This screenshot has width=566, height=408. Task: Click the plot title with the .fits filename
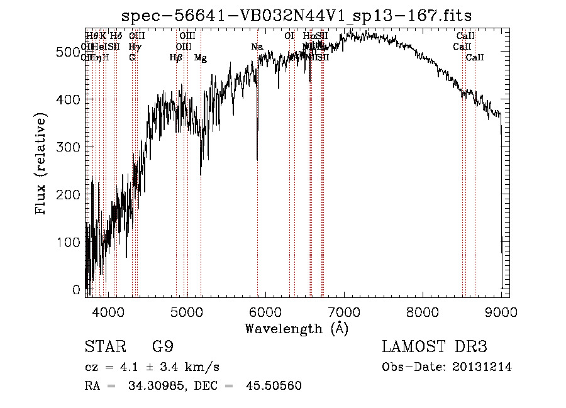pos(296,14)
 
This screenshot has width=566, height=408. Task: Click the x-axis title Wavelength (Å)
pos(296,328)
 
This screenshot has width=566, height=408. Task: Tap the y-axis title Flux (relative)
pos(42,165)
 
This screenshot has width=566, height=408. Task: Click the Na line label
pos(257,47)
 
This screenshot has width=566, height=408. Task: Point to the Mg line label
pos(200,58)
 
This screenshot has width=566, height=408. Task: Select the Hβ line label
pos(176,58)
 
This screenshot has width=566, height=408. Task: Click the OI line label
pos(289,36)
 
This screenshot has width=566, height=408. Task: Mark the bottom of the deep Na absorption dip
pos(257,160)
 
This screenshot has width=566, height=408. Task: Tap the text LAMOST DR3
pos(435,347)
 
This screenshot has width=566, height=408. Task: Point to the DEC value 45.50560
pos(275,386)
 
